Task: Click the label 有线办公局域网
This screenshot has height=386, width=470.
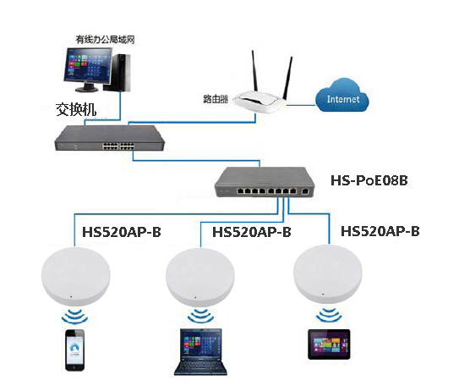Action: (105, 39)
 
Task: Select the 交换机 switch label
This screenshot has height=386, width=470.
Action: (76, 109)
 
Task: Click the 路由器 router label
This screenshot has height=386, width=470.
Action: (216, 99)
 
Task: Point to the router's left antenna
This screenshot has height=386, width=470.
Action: (255, 71)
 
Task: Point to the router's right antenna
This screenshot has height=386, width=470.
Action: (287, 78)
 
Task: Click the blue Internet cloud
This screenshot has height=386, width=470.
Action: (342, 95)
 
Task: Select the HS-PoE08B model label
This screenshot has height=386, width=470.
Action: (369, 180)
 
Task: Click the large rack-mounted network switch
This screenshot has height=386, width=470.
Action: (109, 138)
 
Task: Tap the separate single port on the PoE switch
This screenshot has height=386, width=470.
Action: (305, 191)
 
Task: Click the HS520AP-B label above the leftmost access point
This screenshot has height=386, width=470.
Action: (122, 232)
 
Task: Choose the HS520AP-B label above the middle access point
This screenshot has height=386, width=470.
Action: (252, 232)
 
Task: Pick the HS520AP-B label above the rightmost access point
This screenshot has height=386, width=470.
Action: (380, 231)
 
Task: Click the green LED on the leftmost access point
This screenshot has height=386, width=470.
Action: (71, 297)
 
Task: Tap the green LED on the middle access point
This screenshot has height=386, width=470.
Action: (196, 297)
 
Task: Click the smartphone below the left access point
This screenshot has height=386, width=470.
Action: (75, 350)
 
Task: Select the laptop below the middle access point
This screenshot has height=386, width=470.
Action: (201, 352)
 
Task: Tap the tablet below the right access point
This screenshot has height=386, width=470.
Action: (329, 345)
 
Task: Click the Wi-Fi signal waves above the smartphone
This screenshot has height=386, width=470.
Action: (74, 317)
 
